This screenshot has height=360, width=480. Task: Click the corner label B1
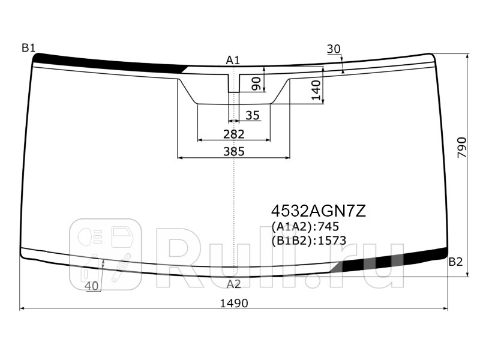[28, 48]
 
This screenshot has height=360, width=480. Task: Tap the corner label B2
[455, 262]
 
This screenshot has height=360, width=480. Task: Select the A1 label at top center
[233, 61]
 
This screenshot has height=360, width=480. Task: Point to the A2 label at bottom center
[234, 284]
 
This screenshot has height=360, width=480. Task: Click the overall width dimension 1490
[234, 304]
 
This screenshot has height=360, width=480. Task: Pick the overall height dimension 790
[461, 148]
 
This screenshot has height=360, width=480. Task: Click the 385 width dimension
[234, 151]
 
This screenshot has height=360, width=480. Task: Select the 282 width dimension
[234, 134]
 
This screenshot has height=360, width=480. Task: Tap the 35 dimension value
[253, 115]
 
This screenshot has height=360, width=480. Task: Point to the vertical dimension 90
[256, 84]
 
